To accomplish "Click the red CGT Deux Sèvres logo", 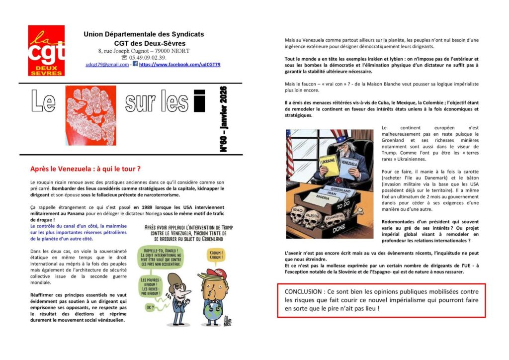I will pos(46,50).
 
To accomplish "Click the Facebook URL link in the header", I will pos(179,65).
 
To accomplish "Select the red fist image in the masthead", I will pos(91,115).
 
